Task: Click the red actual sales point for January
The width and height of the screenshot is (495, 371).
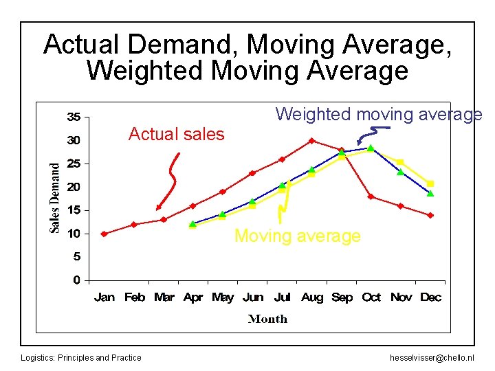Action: click(104, 234)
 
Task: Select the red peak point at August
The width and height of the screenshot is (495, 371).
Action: click(311, 141)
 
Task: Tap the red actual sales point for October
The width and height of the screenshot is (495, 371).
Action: click(371, 196)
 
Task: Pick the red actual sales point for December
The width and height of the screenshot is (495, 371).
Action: click(430, 215)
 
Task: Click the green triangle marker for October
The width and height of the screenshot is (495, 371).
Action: click(371, 148)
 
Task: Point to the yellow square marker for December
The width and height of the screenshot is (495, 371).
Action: click(430, 183)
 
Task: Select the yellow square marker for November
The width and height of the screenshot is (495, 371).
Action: click(401, 162)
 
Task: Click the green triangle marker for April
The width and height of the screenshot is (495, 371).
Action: click(192, 224)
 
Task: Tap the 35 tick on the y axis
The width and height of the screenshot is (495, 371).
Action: click(73, 116)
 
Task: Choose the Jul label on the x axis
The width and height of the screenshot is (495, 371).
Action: click(282, 297)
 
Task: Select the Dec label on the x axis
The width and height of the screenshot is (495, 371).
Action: click(430, 297)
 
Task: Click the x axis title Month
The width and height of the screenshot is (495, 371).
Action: click(267, 319)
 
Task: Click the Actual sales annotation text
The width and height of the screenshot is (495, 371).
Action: click(177, 134)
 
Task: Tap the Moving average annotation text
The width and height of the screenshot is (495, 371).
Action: click(297, 236)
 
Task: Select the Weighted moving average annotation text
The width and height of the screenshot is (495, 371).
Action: click(379, 114)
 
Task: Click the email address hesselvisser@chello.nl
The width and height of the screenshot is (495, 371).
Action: click(432, 357)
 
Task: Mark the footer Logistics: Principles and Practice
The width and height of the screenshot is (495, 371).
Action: click(81, 357)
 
